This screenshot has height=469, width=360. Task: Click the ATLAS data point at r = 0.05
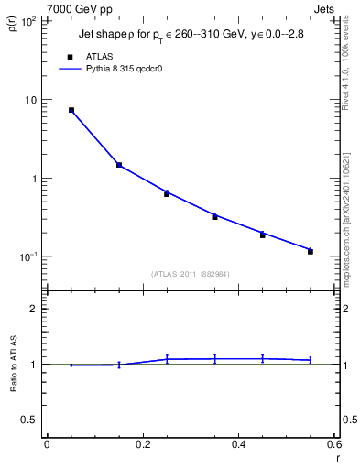click(71, 110)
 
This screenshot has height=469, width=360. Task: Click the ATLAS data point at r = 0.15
click(119, 165)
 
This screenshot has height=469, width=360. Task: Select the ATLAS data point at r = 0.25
click(167, 193)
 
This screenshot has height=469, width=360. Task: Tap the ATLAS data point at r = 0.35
click(214, 216)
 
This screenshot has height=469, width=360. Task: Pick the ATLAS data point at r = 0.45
click(262, 234)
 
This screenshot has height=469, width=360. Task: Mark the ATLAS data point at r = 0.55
click(311, 251)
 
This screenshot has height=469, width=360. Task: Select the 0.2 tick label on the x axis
click(143, 444)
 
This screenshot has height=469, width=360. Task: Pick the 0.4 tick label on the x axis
click(238, 444)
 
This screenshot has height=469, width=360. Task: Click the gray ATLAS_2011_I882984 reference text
click(191, 273)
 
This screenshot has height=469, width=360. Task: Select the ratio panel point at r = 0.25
click(167, 359)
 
